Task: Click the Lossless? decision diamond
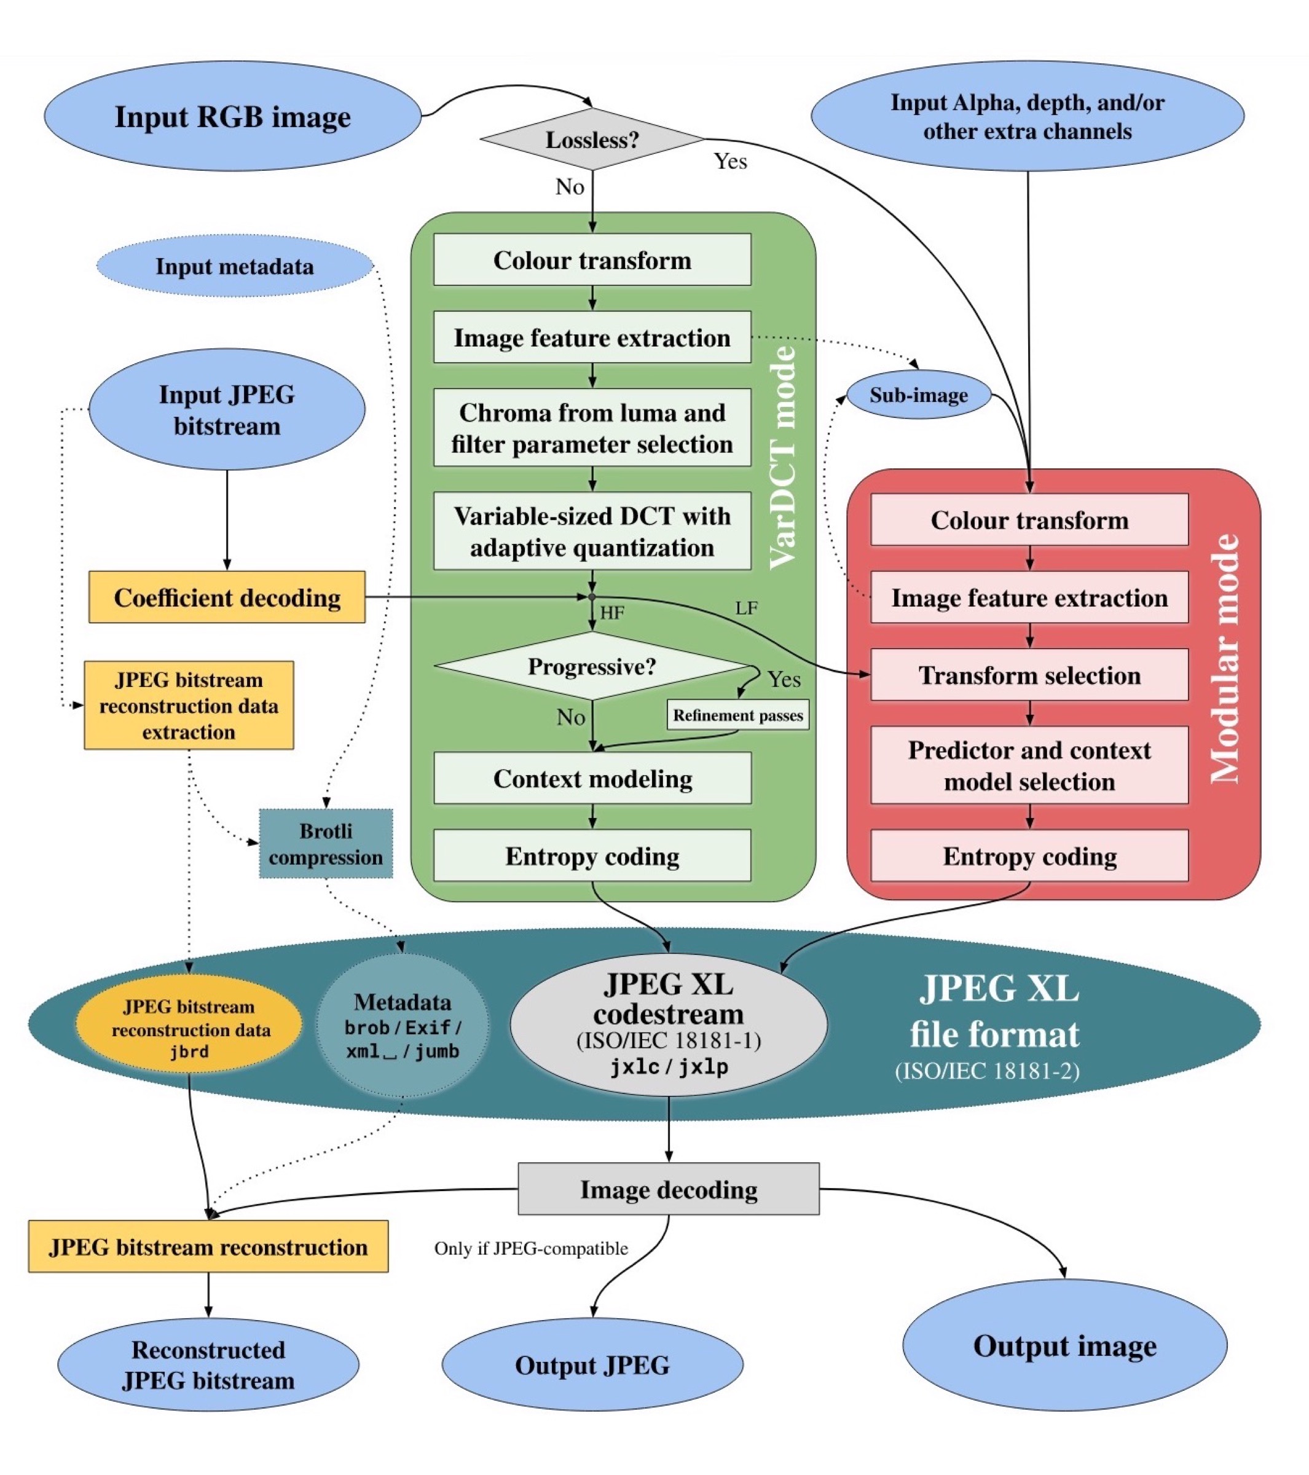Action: pyautogui.click(x=592, y=140)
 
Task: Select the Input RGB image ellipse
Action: pyautogui.click(x=232, y=116)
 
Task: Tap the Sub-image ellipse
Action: pyautogui.click(x=918, y=395)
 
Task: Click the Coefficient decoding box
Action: pyautogui.click(x=227, y=597)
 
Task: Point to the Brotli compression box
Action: pyautogui.click(x=326, y=844)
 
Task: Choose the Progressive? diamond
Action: pyautogui.click(x=592, y=666)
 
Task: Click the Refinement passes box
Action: pyautogui.click(x=737, y=715)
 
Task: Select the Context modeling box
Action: pyautogui.click(x=592, y=779)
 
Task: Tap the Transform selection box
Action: pyautogui.click(x=1029, y=675)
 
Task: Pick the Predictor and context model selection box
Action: pyautogui.click(x=1029, y=766)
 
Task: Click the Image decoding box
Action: pyautogui.click(x=668, y=1189)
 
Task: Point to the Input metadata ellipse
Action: pyautogui.click(x=235, y=266)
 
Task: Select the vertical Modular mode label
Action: pyautogui.click(x=1225, y=658)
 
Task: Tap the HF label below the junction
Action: pyautogui.click(x=612, y=613)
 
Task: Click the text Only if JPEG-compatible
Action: pyautogui.click(x=531, y=1248)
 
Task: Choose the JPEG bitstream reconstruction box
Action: pyautogui.click(x=208, y=1247)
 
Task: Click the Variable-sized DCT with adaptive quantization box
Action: pyautogui.click(x=592, y=532)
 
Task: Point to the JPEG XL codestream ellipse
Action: pyautogui.click(x=668, y=1025)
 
